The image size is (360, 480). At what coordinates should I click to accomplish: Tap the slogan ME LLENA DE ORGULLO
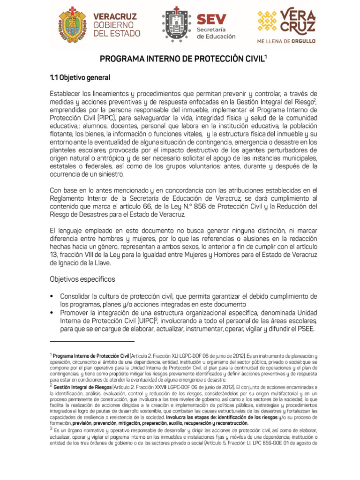point(286,41)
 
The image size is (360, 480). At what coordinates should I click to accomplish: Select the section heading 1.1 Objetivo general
point(80,77)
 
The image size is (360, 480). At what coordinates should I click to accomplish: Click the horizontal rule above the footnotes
point(92,342)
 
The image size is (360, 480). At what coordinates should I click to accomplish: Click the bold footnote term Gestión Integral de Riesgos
point(82,388)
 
